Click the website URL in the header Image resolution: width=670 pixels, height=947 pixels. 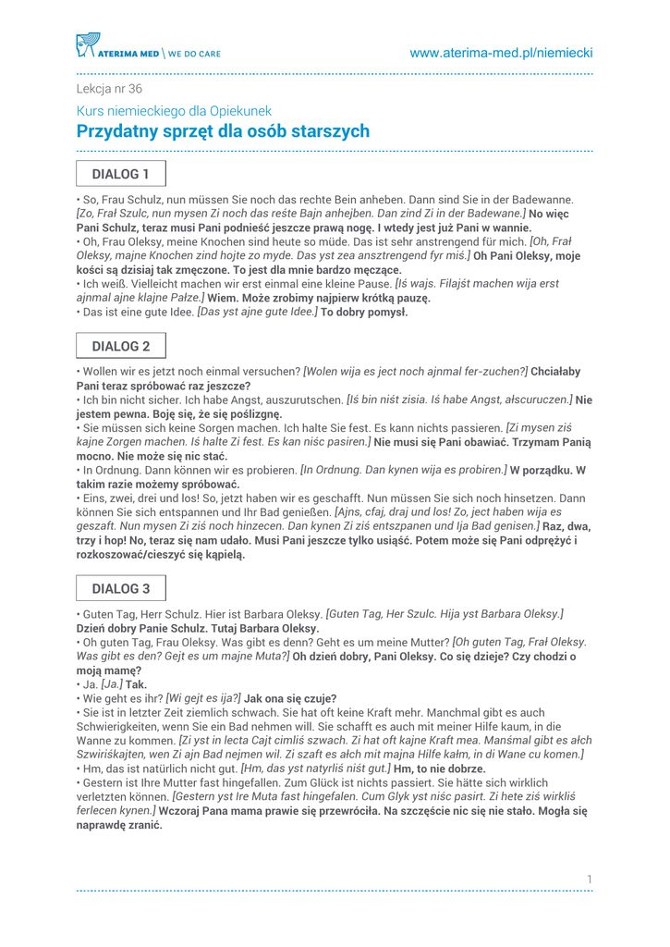point(501,54)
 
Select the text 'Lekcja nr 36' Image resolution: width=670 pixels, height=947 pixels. point(109,90)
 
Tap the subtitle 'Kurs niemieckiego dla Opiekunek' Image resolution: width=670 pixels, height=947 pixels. point(174,111)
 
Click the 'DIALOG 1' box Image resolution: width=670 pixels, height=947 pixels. point(120,174)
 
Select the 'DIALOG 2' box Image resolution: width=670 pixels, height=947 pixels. point(120,347)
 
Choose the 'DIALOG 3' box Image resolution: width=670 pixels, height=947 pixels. point(120,589)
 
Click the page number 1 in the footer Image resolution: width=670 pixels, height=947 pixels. point(589,878)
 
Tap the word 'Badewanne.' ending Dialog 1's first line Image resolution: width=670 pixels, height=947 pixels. point(542,199)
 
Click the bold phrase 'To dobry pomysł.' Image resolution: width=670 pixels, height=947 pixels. point(364,313)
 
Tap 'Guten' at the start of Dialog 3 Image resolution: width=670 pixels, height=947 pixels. point(100,614)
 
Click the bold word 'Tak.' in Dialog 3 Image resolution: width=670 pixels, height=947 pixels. point(137,685)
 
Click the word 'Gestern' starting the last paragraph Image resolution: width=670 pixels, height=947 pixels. point(104,782)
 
